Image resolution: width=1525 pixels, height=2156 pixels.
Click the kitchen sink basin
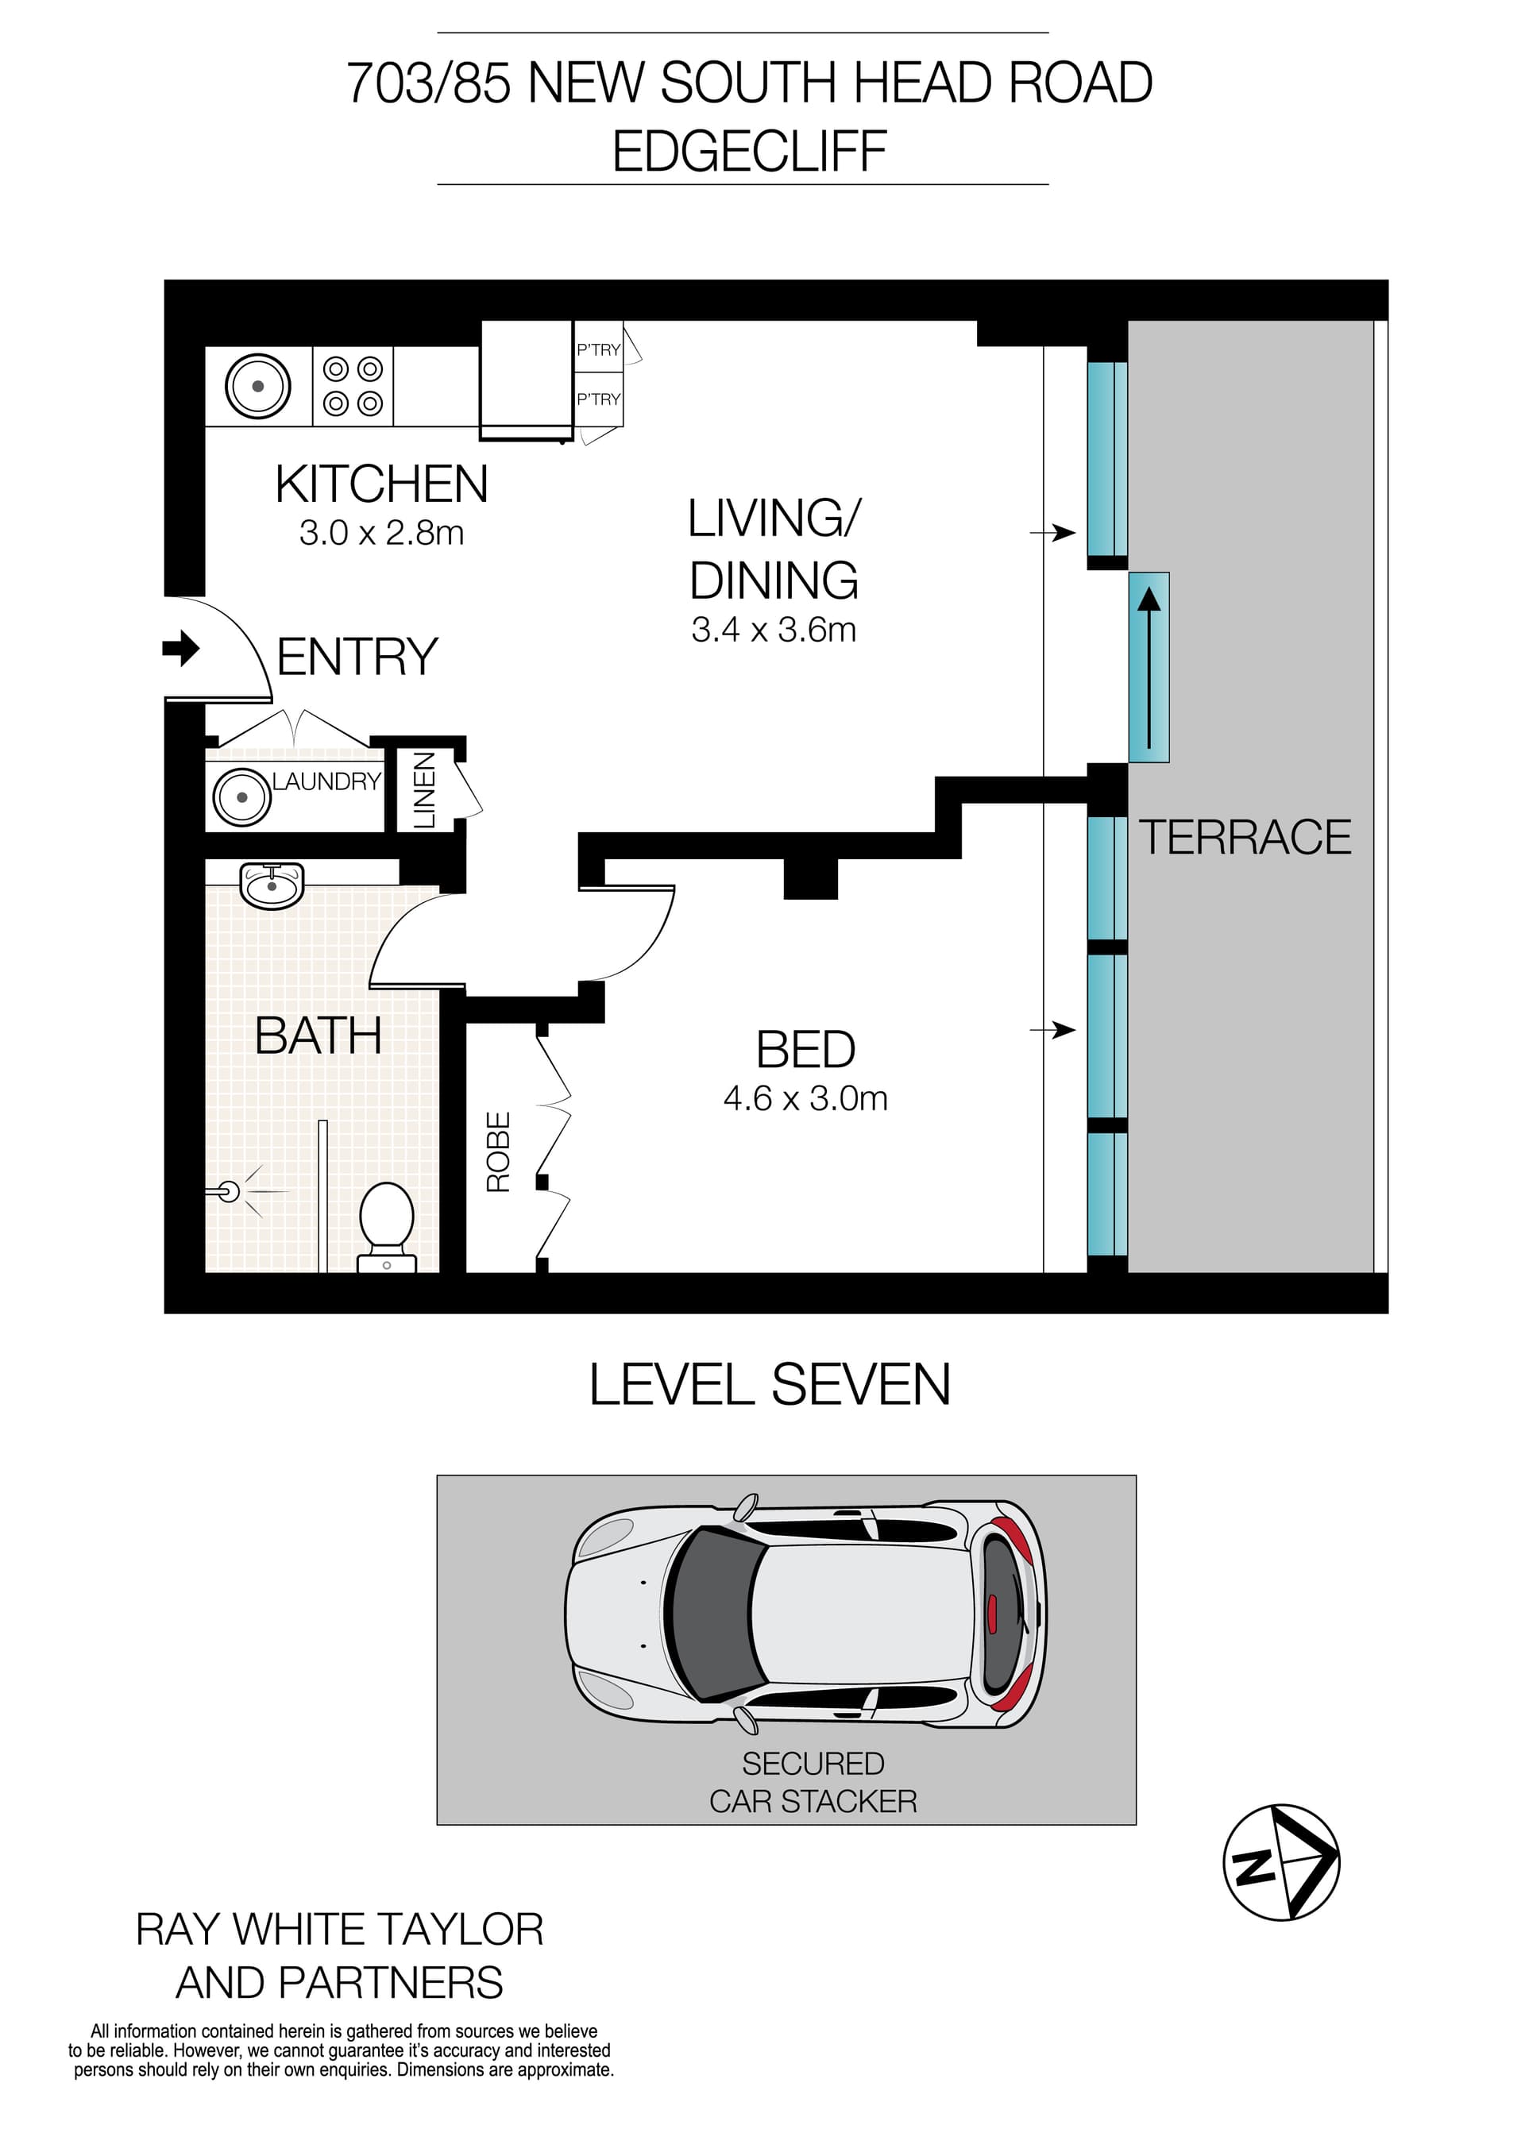pos(257,386)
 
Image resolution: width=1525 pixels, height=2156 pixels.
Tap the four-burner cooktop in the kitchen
pos(353,386)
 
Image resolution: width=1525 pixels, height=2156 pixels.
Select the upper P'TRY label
pos(598,350)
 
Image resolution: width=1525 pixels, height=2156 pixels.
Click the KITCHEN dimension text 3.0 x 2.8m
pos(381,534)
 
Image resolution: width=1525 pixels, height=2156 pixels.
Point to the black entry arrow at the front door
pos(181,648)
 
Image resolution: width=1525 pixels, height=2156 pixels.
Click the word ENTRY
pos(357,657)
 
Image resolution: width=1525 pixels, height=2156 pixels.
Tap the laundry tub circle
pos(241,797)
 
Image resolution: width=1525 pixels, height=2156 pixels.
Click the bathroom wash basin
pos(272,885)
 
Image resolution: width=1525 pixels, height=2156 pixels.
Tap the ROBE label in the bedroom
pos(498,1152)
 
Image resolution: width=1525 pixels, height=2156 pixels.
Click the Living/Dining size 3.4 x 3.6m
pos(774,630)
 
